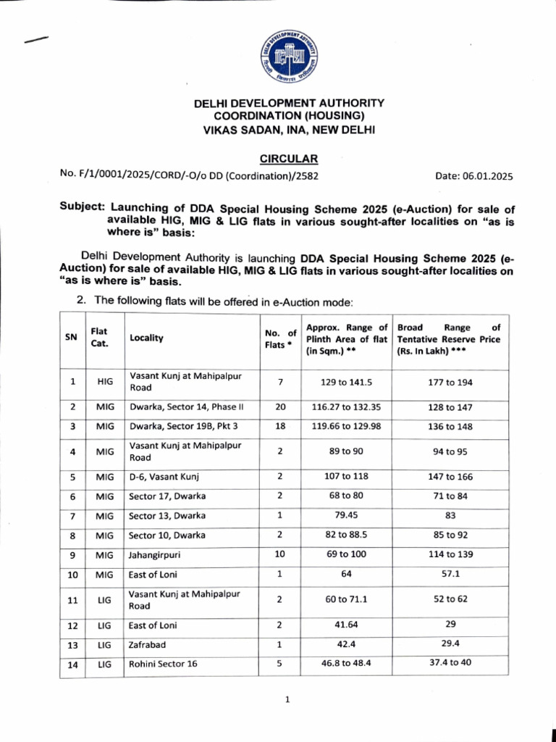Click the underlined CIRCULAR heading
click(288, 159)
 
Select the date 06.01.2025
click(473, 175)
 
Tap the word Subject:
click(83, 208)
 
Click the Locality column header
click(146, 338)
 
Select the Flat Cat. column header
click(99, 338)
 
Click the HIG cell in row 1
click(104, 381)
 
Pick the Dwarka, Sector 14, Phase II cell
click(185, 407)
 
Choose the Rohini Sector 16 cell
click(163, 664)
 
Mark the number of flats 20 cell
click(280, 407)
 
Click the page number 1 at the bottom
click(287, 700)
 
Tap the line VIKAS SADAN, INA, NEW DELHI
click(289, 130)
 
